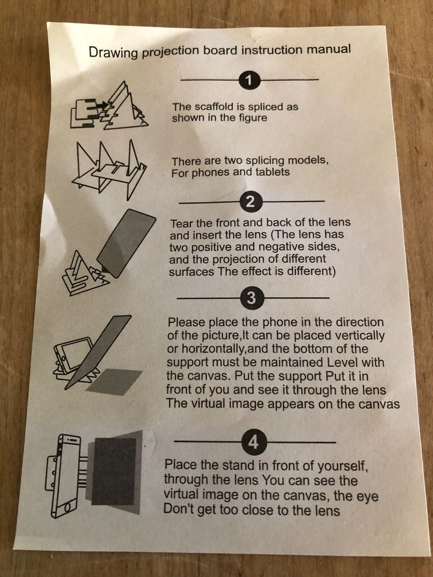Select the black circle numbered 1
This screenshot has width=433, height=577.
pyautogui.click(x=249, y=80)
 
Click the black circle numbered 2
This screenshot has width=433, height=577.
pyautogui.click(x=251, y=202)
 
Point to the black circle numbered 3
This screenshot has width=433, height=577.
pyautogui.click(x=252, y=298)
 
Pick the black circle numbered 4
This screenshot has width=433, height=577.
pyautogui.click(x=254, y=443)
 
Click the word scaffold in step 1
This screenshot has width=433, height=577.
pyautogui.click(x=213, y=107)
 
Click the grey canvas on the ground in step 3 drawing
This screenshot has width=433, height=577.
pyautogui.click(x=115, y=382)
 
